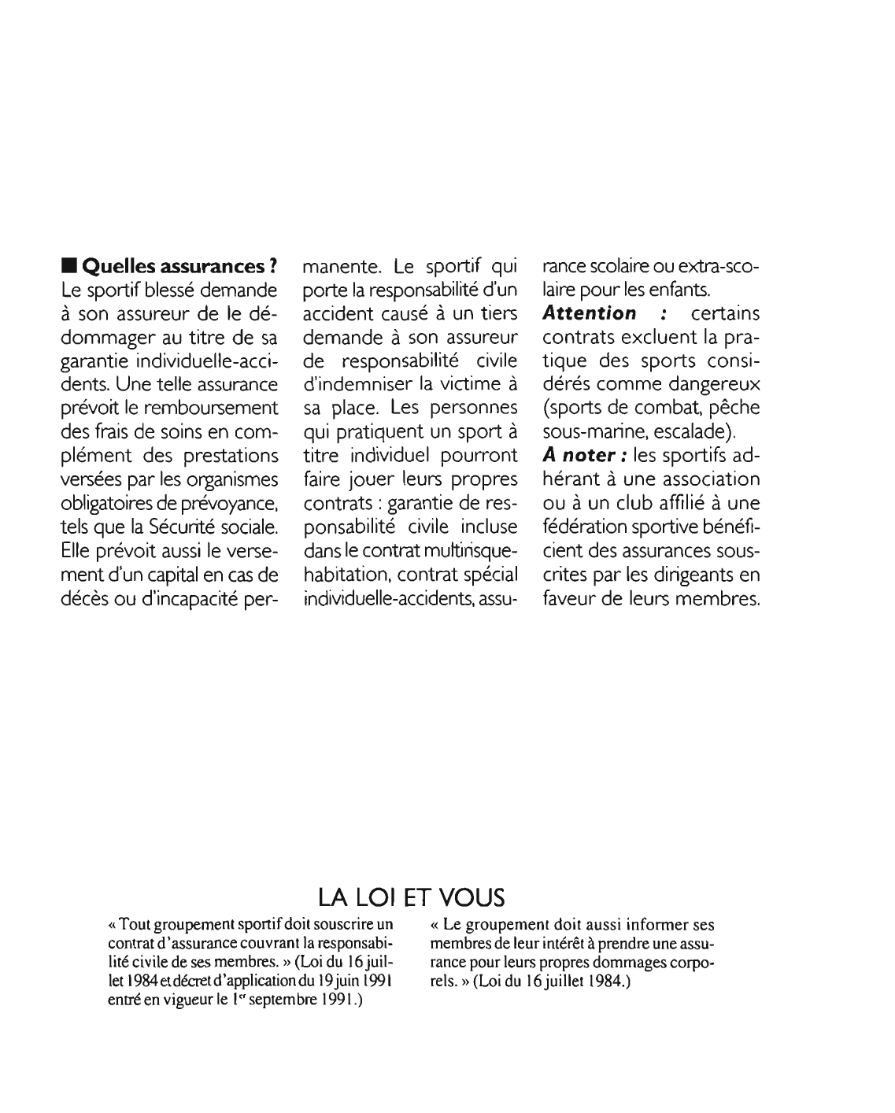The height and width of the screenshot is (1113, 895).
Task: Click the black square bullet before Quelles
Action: (x=69, y=266)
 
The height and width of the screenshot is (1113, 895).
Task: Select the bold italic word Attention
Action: (x=590, y=313)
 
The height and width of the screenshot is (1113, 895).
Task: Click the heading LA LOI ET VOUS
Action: (x=410, y=897)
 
